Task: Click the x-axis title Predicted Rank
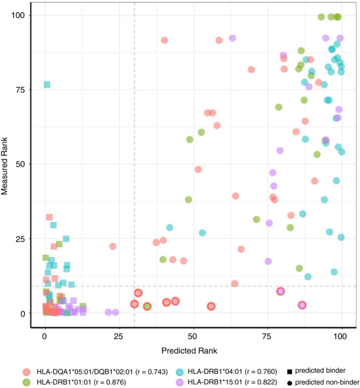tap(193, 350)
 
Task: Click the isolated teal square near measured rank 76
tap(47, 84)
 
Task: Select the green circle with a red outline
tap(147, 306)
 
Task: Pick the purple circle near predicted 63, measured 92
tap(233, 38)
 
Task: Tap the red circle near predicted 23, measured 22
tap(113, 246)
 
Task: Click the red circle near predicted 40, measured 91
tap(165, 40)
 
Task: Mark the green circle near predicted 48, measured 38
tap(188, 200)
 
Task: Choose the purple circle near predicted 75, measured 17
tap(268, 261)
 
